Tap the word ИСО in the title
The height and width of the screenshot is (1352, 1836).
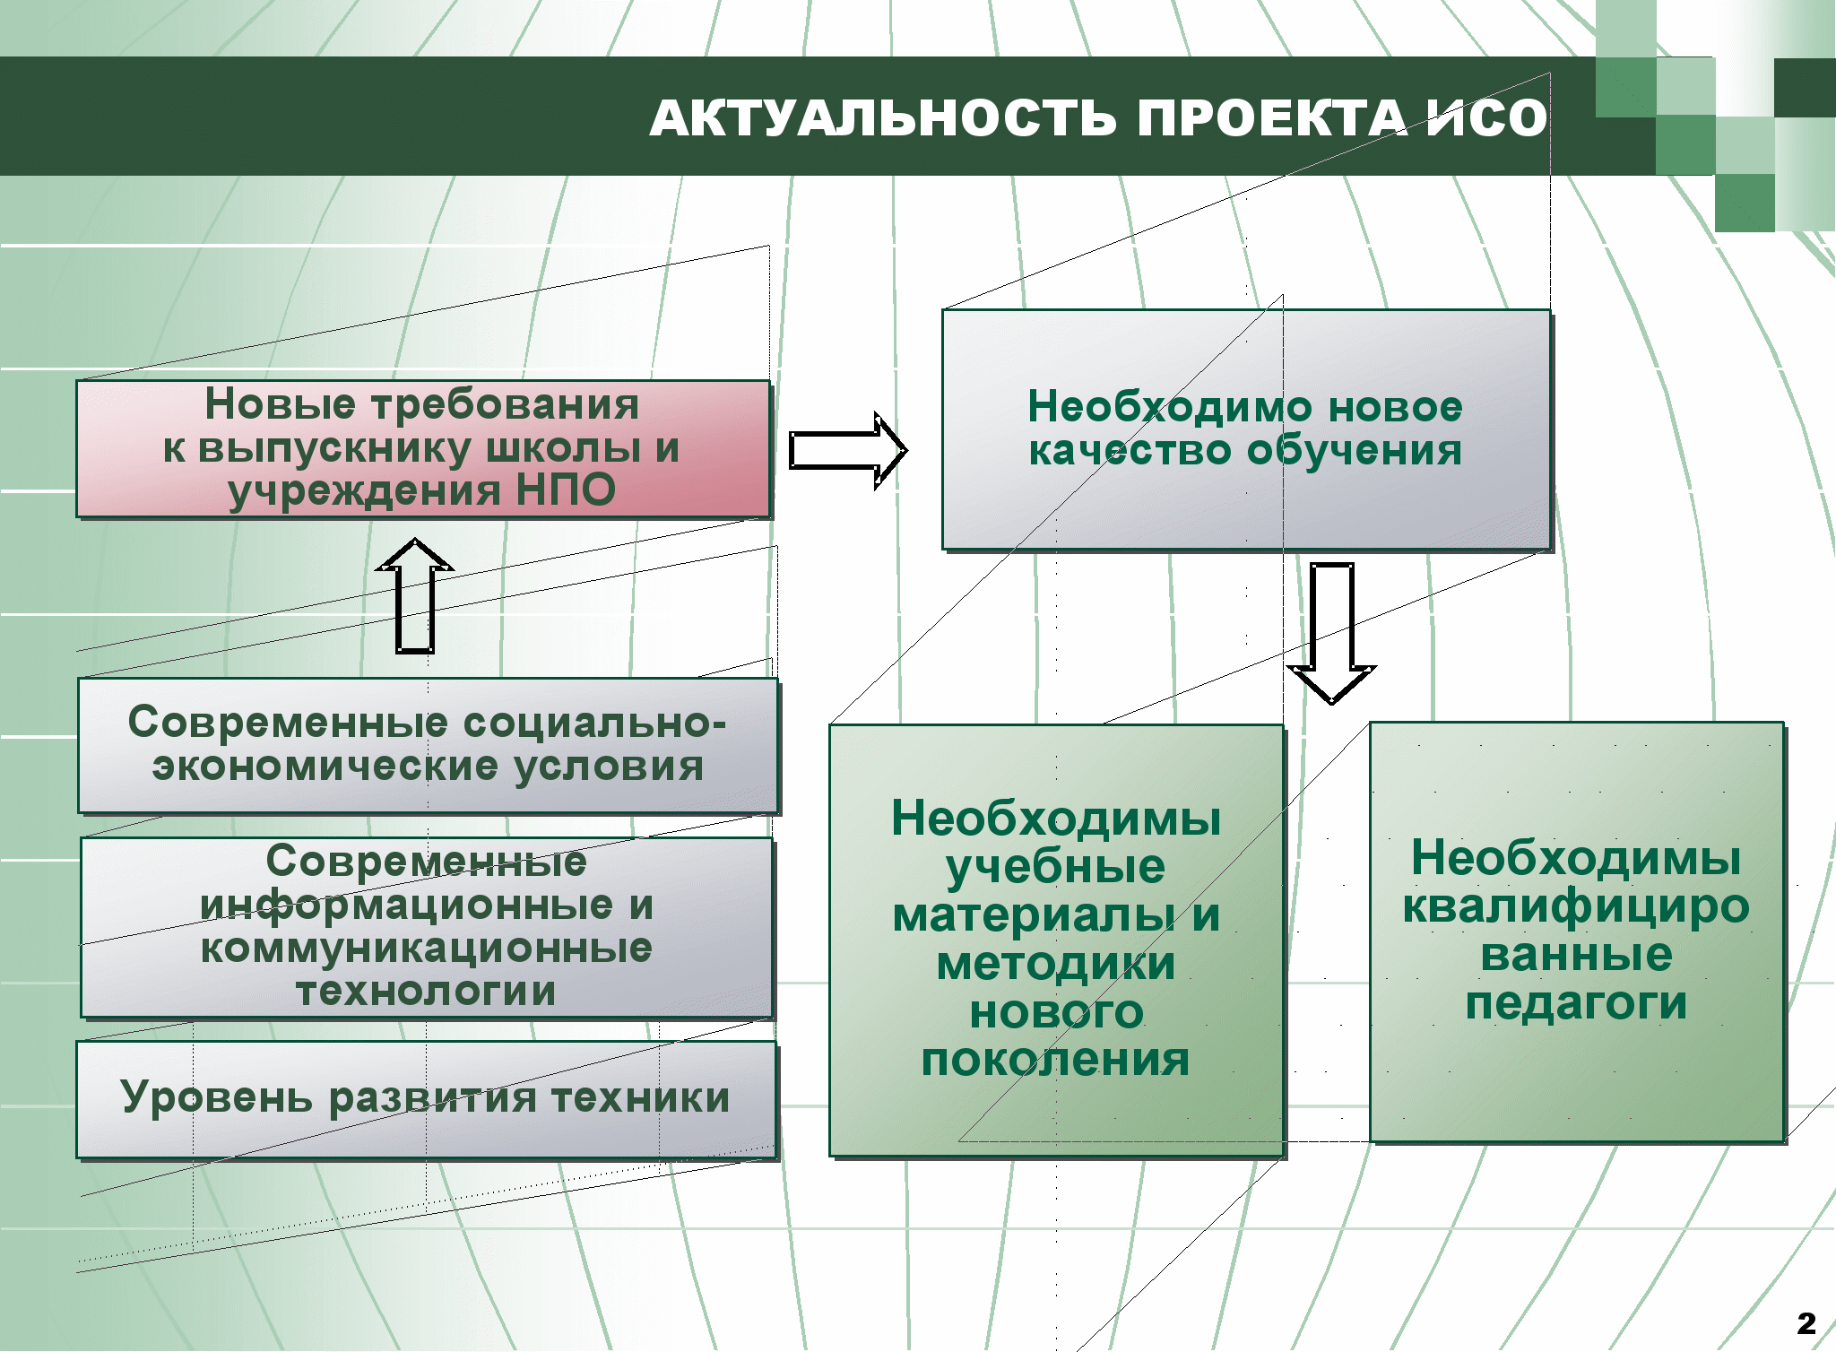click(x=1487, y=118)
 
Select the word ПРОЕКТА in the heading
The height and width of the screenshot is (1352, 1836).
click(x=1273, y=118)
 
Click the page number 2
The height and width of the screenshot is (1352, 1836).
click(x=1806, y=1323)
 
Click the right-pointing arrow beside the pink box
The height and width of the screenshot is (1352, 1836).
click(x=848, y=450)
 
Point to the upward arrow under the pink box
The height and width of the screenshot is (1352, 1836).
click(x=415, y=595)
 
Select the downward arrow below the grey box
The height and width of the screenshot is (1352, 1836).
click(x=1331, y=633)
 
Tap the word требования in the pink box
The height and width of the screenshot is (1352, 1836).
click(x=506, y=404)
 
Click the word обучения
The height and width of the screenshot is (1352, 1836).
click(x=1355, y=450)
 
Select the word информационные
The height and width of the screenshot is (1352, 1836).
click(x=406, y=905)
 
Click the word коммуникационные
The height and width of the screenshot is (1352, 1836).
click(x=426, y=949)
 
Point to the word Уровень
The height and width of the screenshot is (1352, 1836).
click(x=217, y=1098)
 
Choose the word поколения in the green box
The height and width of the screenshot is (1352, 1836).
click(x=1055, y=1060)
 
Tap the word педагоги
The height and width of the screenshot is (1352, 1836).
click(x=1576, y=1004)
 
